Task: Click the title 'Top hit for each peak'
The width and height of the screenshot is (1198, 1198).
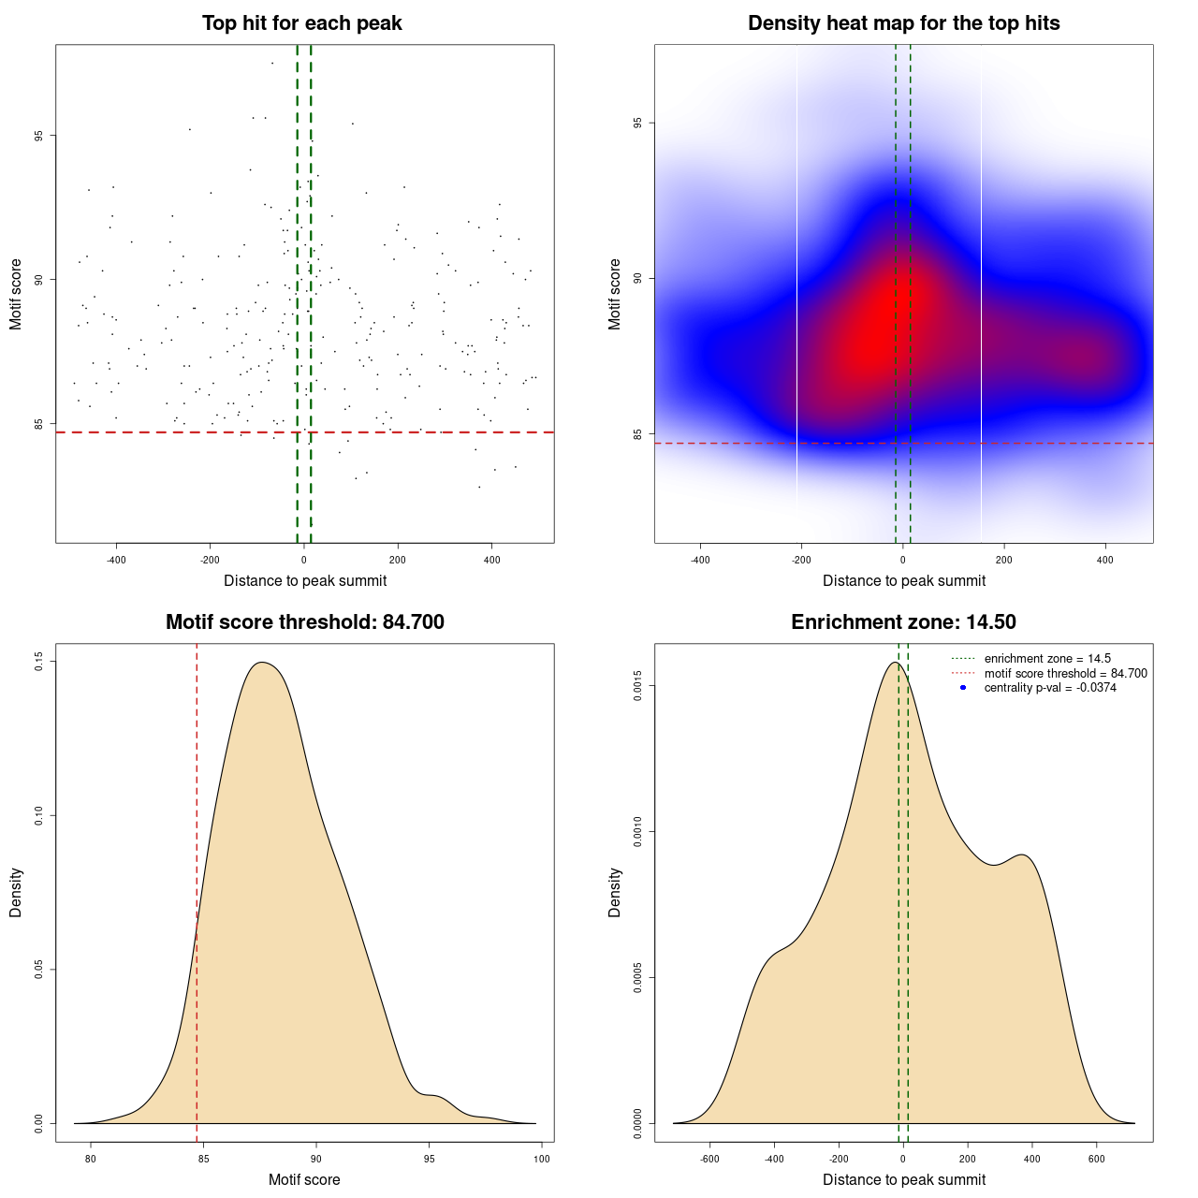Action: [x=301, y=23]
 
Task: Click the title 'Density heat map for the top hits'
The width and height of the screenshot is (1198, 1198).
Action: [x=903, y=23]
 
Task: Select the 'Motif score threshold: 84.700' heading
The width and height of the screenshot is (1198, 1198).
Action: [x=304, y=622]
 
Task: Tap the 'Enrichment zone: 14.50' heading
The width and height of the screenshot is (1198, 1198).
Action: [x=903, y=622]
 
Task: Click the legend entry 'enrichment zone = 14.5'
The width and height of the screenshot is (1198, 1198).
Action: [x=1047, y=659]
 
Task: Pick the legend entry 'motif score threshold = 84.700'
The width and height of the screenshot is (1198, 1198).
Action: [x=1065, y=674]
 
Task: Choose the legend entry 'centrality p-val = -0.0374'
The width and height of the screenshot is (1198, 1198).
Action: [x=1050, y=688]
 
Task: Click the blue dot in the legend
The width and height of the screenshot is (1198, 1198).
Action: [x=963, y=688]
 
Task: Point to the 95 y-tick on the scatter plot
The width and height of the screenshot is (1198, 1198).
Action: [x=38, y=136]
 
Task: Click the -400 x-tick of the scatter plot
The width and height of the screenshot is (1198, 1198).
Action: [x=116, y=561]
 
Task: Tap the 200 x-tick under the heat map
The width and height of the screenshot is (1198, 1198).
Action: [x=1004, y=561]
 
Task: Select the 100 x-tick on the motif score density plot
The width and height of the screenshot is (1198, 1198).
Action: [x=542, y=1160]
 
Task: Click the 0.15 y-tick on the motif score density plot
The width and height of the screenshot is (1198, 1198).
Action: [x=38, y=662]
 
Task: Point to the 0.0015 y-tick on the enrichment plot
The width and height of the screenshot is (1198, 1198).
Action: [x=637, y=687]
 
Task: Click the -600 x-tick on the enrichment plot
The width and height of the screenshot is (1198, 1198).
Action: [x=709, y=1160]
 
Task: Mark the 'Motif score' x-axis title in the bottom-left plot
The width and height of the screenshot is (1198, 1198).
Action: [x=304, y=1180]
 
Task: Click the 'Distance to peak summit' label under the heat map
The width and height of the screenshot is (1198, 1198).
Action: [x=904, y=581]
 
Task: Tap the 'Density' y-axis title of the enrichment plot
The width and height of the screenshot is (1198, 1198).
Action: [x=615, y=892]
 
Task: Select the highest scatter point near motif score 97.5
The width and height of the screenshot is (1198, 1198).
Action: [x=272, y=64]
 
